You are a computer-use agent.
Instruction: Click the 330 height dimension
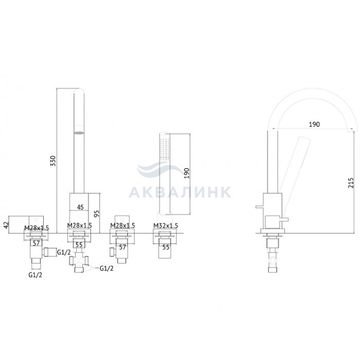click(53, 160)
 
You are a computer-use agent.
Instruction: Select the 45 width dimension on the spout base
click(80, 207)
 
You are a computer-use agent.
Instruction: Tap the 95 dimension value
click(97, 213)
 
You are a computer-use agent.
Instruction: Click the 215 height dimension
click(351, 183)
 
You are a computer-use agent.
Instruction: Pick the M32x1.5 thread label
click(166, 226)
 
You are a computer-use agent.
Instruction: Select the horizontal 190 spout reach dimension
click(314, 124)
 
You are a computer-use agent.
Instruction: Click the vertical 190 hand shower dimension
click(187, 173)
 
